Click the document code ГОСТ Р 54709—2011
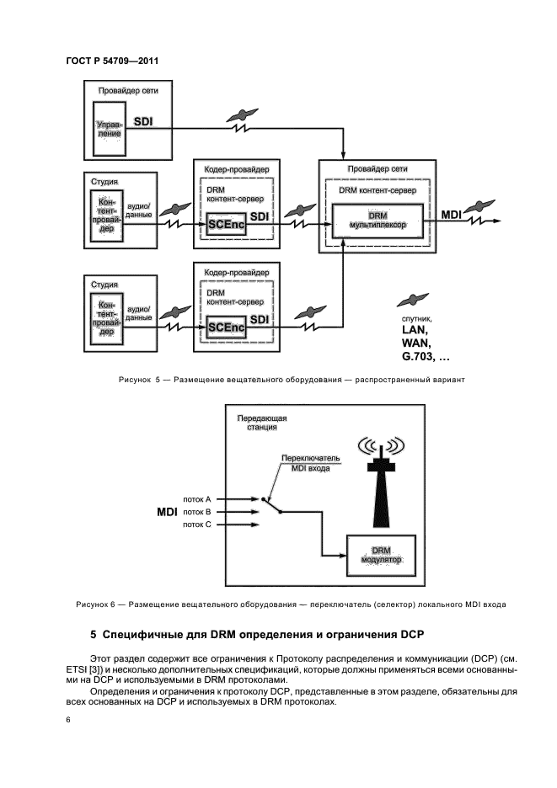(x=112, y=62)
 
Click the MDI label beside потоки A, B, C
(x=168, y=511)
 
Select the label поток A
(x=196, y=498)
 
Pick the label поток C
(x=196, y=524)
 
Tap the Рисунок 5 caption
(x=292, y=380)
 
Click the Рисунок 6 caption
(x=291, y=604)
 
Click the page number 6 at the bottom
(x=68, y=720)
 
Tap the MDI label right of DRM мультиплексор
(x=451, y=216)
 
